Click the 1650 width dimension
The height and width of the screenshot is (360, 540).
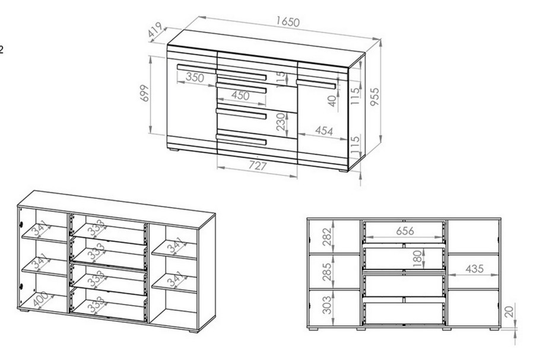click(288, 22)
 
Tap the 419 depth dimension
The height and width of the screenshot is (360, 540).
click(155, 30)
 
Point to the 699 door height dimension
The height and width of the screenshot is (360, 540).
click(145, 93)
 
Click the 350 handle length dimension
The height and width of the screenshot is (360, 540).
click(195, 77)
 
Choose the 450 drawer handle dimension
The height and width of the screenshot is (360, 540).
click(240, 95)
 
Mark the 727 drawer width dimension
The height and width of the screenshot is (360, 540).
click(258, 166)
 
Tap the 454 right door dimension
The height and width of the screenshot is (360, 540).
click(324, 131)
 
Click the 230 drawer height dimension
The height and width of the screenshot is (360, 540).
click(281, 122)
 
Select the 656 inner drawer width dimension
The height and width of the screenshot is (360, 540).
click(405, 231)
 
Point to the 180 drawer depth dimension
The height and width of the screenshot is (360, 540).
click(417, 259)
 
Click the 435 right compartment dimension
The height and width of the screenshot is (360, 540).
click(475, 269)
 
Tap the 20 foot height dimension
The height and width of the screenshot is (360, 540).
click(511, 311)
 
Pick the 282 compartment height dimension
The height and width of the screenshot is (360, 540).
click(327, 237)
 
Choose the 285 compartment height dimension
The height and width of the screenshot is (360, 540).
click(327, 272)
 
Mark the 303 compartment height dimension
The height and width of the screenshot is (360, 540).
click(327, 305)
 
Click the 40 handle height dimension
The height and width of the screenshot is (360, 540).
click(331, 101)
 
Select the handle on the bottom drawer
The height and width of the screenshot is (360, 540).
click(242, 139)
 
